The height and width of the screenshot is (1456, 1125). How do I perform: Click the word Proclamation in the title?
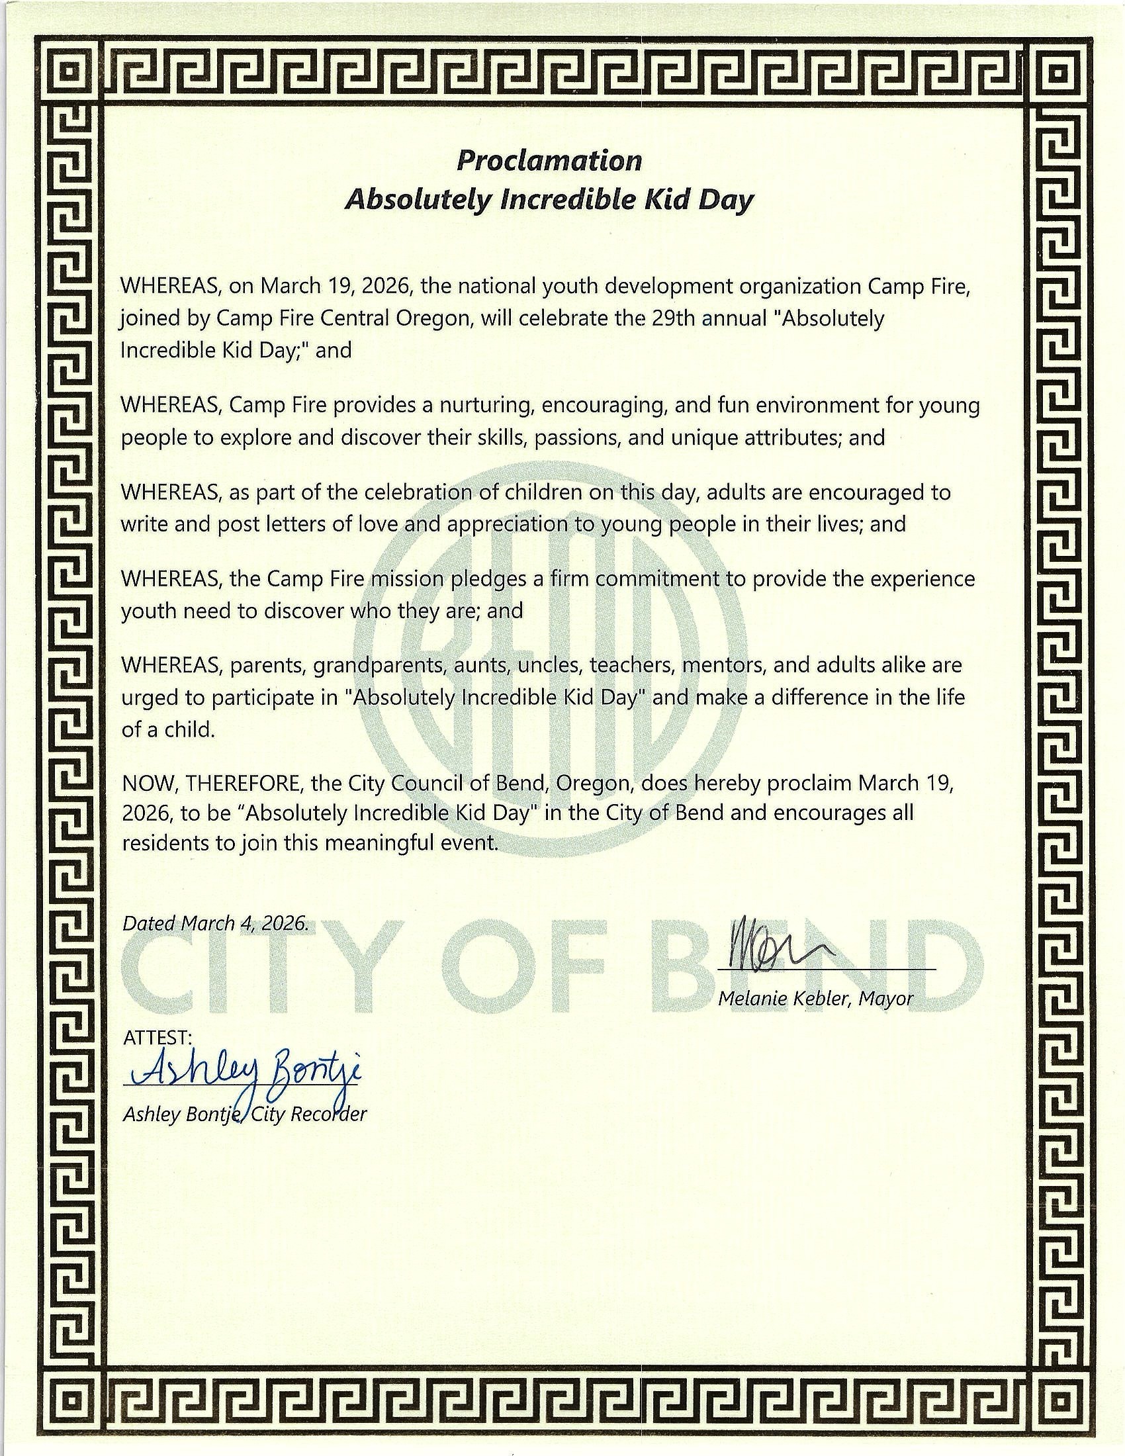[549, 161]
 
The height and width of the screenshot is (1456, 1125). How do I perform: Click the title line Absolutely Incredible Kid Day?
[549, 200]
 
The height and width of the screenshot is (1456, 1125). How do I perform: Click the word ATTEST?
[158, 1038]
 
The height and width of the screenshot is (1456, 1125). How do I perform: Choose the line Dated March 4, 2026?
[215, 923]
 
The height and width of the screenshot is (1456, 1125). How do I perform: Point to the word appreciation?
[509, 525]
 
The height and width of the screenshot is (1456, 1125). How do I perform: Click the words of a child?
[169, 730]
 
